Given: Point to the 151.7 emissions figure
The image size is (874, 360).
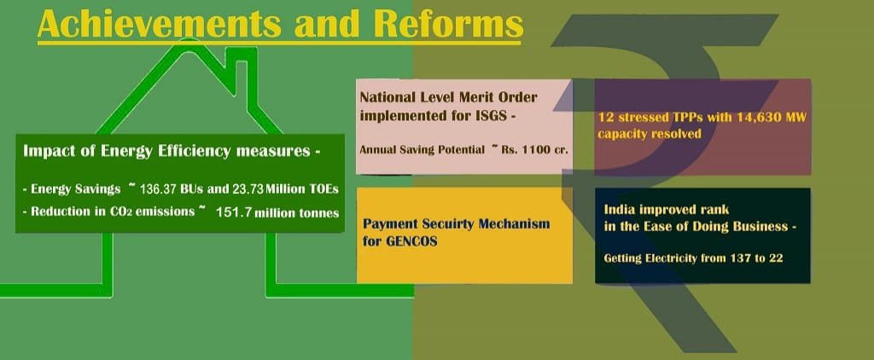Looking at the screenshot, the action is (234, 212).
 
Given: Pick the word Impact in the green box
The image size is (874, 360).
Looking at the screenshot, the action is (43, 152).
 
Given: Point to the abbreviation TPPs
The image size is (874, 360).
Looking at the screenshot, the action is (661, 118).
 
